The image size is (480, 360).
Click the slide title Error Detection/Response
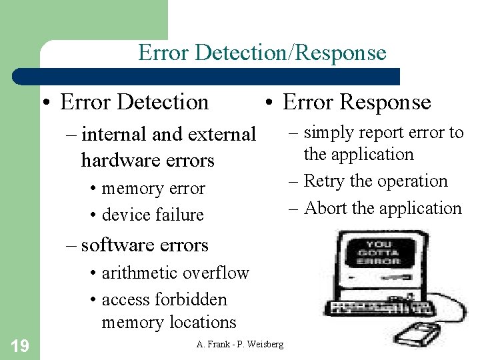tap(262, 53)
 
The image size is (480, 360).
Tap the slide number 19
tap(19, 345)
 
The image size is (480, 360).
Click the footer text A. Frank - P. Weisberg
tap(240, 344)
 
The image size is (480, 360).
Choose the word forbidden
tap(194, 299)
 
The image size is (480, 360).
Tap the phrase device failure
tap(152, 215)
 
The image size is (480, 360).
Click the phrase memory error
tap(153, 189)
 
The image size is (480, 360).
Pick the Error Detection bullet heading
tap(134, 102)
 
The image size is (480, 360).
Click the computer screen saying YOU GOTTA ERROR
tap(379, 253)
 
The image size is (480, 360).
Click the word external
tap(222, 134)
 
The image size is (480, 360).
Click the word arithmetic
tap(139, 273)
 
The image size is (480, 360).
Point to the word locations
tap(203, 322)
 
